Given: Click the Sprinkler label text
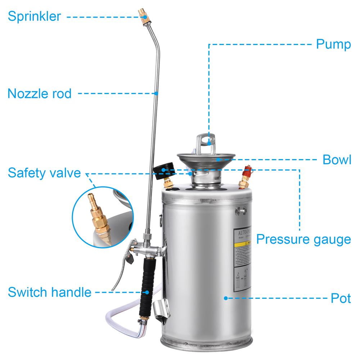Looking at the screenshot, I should (35, 17).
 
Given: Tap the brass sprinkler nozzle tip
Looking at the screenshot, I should (143, 15).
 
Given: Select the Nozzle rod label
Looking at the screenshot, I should (40, 94).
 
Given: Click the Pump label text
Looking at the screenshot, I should (333, 44).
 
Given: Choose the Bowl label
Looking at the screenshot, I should (337, 159).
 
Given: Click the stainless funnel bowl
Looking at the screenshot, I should (206, 158).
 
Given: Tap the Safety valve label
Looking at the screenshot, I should (44, 173).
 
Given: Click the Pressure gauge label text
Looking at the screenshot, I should (303, 239).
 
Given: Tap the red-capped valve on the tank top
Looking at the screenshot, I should (247, 172).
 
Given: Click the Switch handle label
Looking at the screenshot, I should (50, 292).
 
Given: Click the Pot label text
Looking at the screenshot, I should (341, 298).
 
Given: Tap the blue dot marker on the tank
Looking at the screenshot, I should (226, 298).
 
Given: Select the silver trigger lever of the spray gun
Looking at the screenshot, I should (121, 270).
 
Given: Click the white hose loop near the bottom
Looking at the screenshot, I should (119, 317).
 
